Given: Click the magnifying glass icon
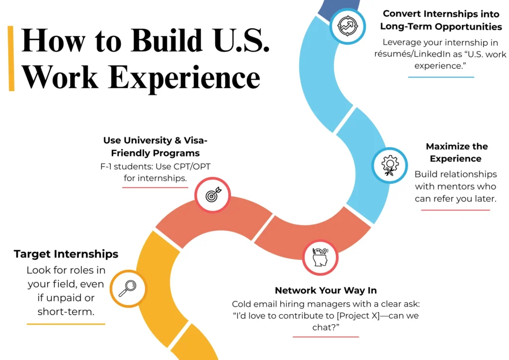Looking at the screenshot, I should [x=128, y=288].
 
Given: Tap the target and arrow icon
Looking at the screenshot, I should [x=211, y=195].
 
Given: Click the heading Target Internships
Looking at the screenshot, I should [x=66, y=254].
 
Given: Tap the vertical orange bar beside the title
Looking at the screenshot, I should [x=11, y=58].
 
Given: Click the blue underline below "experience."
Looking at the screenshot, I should [x=441, y=77].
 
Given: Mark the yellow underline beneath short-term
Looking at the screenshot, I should [x=66, y=324].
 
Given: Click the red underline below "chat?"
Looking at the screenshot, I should [x=326, y=337].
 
